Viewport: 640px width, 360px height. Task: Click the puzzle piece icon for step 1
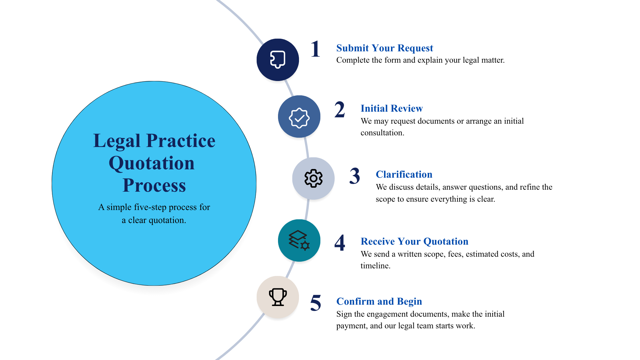coord(278,60)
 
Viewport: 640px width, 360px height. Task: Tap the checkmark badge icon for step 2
coord(299,118)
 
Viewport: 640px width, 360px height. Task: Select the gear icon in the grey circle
coord(313,178)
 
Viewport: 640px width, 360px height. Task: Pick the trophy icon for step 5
coord(278,297)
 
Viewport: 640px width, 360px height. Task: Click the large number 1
coord(315,49)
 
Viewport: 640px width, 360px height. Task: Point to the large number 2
coord(340,110)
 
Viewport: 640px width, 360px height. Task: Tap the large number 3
coord(355,176)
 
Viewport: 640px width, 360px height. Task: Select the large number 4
coord(340,243)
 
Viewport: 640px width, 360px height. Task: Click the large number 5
coord(316,303)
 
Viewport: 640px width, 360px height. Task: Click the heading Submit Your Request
coord(385,48)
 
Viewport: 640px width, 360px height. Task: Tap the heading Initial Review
coord(392,108)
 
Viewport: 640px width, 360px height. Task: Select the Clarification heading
coord(404,174)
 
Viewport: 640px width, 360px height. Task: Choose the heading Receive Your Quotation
coord(414,241)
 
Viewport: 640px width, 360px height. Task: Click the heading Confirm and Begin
coord(379,301)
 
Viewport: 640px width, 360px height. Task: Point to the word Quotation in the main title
coord(152,164)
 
